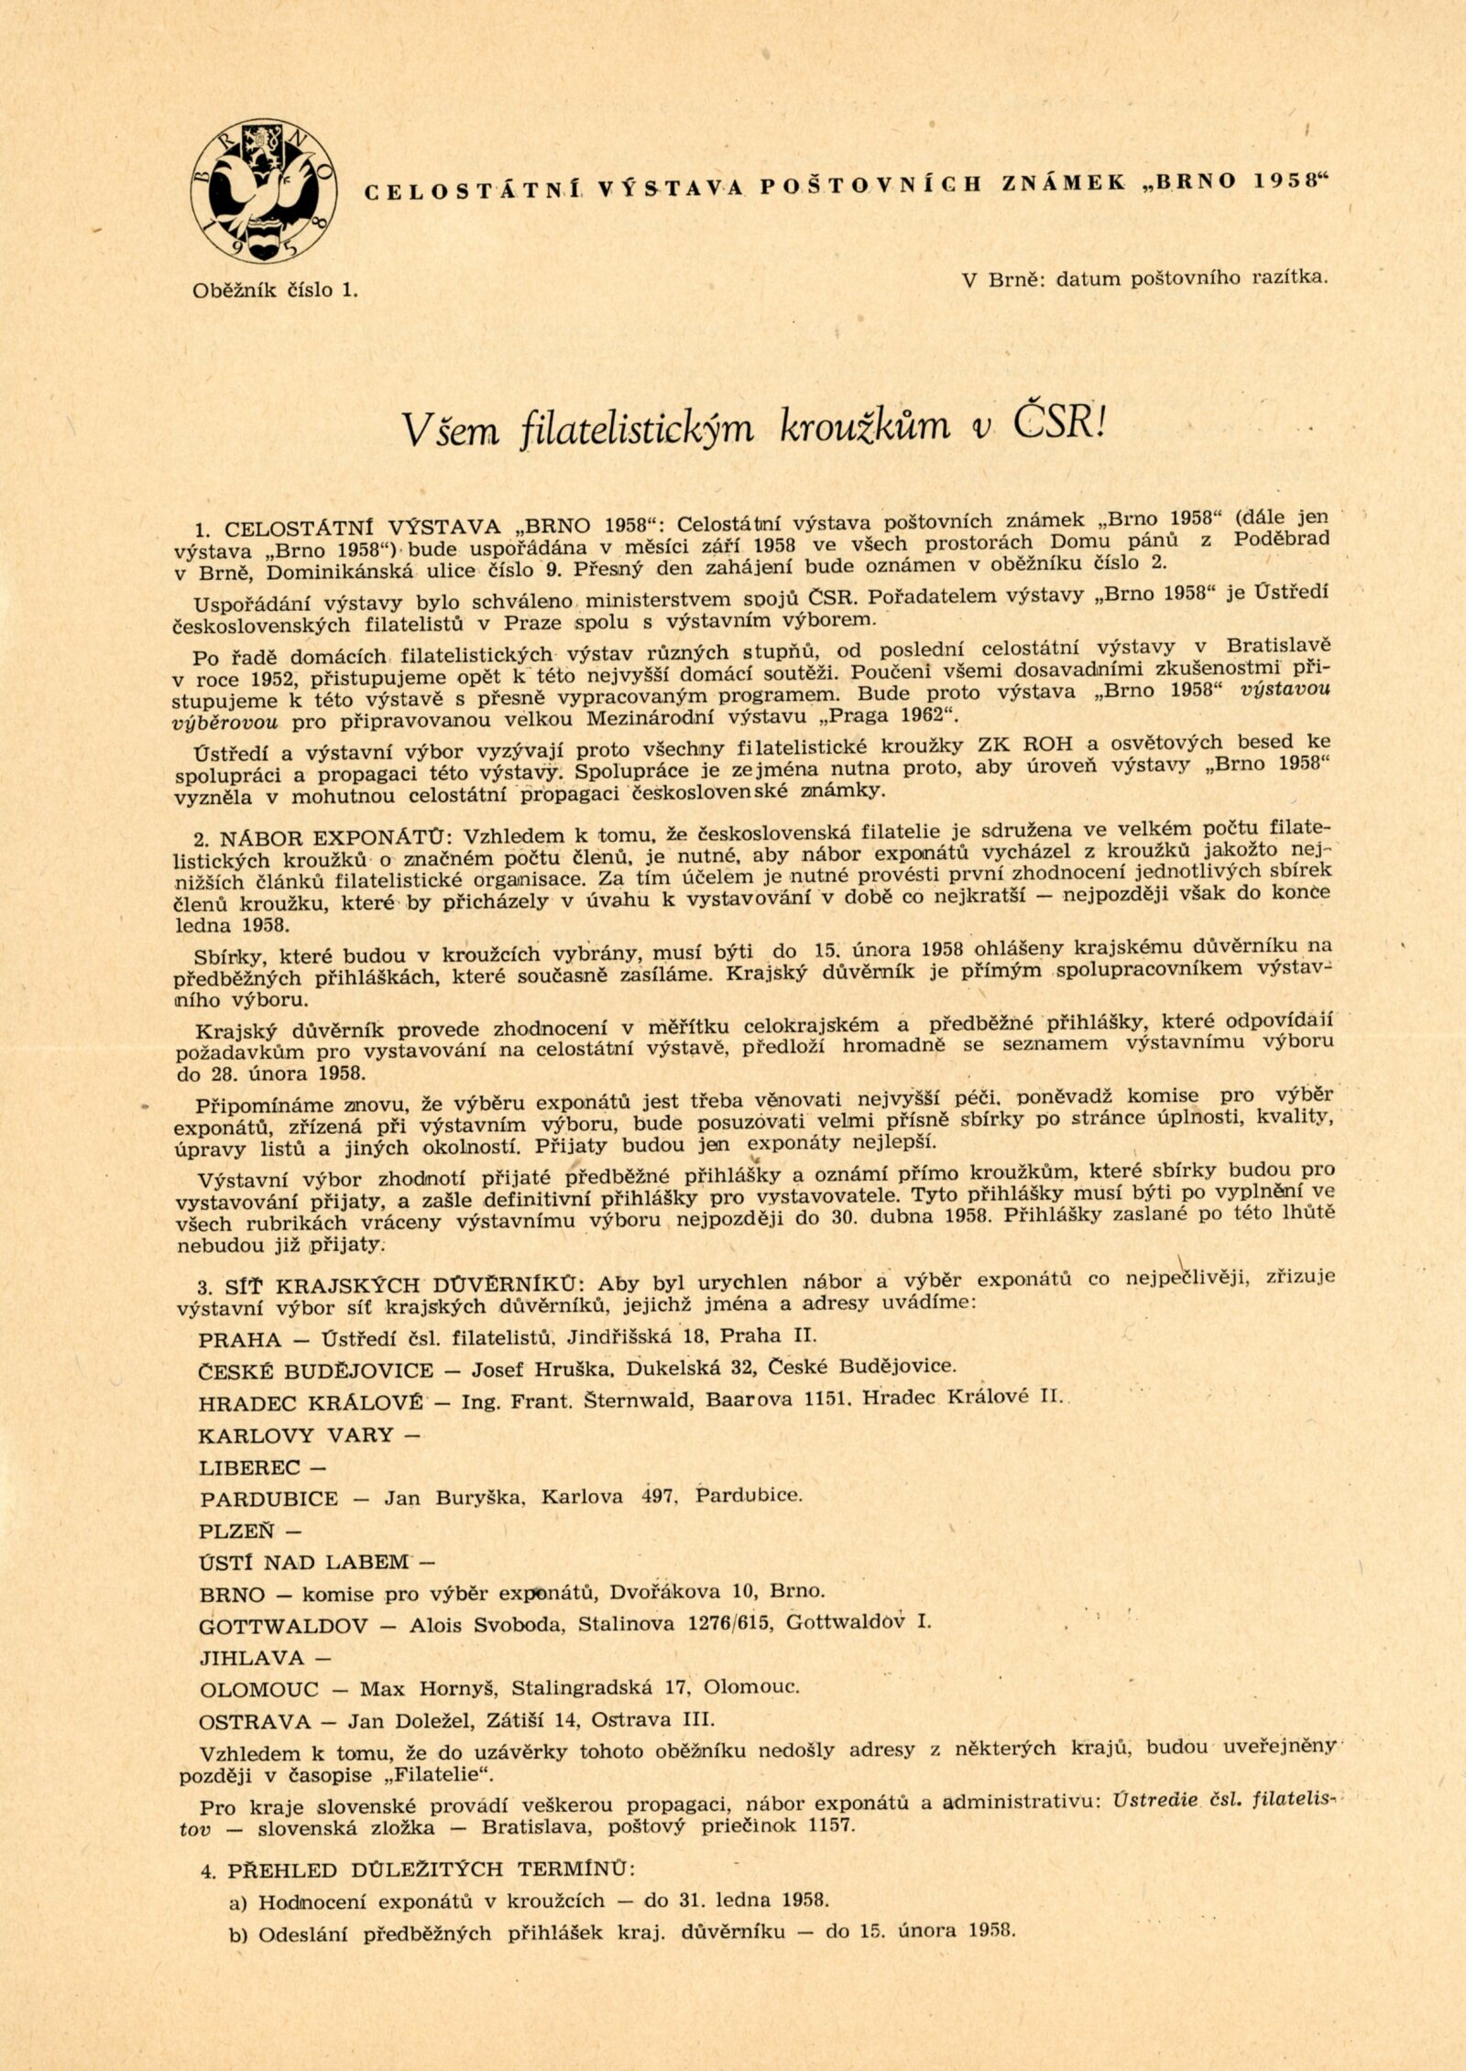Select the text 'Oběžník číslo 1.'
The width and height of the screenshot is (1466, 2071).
coord(275,290)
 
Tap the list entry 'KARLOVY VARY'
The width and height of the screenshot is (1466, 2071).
coord(296,1434)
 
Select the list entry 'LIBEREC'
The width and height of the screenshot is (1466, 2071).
coord(249,1467)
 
